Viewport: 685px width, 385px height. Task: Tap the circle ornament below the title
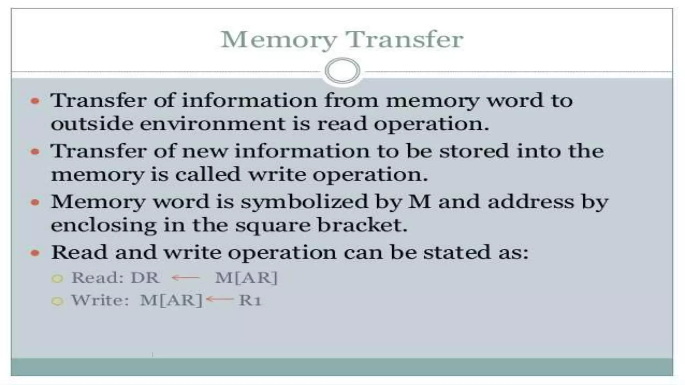(342, 71)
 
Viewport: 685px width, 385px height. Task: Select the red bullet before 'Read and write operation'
(35, 253)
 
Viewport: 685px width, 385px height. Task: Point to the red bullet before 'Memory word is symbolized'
(35, 202)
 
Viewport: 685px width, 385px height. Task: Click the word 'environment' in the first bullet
(212, 124)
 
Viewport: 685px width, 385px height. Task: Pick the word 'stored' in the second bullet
(474, 151)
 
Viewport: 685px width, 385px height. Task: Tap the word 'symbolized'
(304, 202)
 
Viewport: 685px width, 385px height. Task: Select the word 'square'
(273, 226)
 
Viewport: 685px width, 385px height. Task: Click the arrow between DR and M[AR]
(186, 277)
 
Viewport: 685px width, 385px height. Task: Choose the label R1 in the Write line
(250, 300)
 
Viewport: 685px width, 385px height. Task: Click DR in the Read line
(144, 277)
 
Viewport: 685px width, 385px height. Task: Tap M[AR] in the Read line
(246, 277)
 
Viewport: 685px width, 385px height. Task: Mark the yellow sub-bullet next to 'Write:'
(57, 301)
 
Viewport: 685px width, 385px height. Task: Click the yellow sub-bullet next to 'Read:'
(57, 278)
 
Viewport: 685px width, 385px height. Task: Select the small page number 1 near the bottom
(152, 355)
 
